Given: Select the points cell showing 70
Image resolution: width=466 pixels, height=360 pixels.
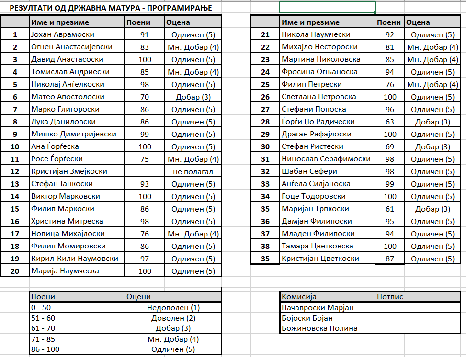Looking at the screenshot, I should (145, 97).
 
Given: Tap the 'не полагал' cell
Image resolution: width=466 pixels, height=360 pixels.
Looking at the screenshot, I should (193, 171).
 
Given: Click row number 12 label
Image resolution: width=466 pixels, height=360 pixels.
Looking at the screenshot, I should (15, 171).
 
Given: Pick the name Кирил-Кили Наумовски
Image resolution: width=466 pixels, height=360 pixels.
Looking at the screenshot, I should (75, 259).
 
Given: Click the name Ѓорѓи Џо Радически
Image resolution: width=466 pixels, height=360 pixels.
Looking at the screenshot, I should (318, 122).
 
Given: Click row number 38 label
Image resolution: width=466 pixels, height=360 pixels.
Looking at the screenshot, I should (265, 246).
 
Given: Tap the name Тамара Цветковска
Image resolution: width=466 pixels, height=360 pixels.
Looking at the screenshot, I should (318, 246).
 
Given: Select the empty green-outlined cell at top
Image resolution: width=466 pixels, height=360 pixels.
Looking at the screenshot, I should (328, 8).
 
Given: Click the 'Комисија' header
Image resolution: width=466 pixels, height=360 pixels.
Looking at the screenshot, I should (299, 297).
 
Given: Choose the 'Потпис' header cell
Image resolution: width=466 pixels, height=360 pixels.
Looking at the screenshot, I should (390, 297).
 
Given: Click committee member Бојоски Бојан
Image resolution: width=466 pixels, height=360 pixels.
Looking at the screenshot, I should (307, 318).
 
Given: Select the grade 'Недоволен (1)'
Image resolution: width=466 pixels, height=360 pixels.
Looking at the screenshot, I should (173, 308).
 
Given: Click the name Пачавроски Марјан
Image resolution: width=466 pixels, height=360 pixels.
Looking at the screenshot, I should (318, 307).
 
